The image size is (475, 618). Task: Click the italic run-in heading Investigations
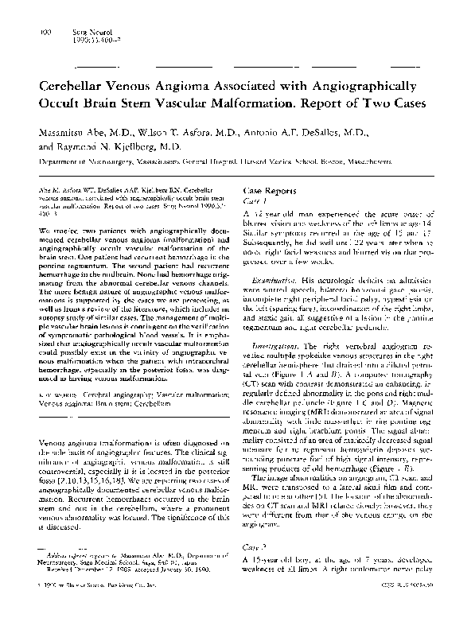278,346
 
